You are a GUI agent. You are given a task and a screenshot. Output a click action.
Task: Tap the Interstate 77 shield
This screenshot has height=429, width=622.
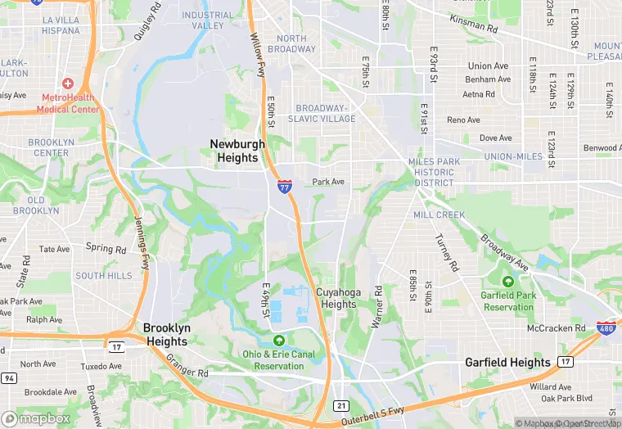tap(284, 187)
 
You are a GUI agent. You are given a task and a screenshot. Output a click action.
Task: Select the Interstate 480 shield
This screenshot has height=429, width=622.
tap(606, 328)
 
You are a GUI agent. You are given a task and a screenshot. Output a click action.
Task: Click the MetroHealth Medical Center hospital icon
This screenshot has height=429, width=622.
tap(67, 84)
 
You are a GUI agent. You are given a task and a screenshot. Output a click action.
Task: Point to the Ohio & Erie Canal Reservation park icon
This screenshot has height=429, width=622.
tap(279, 341)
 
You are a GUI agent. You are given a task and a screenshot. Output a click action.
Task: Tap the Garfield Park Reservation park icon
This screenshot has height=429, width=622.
tap(508, 282)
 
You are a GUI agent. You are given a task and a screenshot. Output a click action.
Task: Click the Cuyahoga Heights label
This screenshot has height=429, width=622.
tap(336, 298)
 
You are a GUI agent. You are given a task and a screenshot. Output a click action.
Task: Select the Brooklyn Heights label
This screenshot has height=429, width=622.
tap(167, 334)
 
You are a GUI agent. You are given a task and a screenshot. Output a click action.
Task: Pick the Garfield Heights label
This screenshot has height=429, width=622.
tap(507, 362)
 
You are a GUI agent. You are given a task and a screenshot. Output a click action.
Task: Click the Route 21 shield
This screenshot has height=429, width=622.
tap(341, 406)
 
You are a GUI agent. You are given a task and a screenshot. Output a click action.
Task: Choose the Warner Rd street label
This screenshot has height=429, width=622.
tap(377, 307)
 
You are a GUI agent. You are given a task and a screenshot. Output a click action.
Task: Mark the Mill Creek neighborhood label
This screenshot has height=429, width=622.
tap(439, 214)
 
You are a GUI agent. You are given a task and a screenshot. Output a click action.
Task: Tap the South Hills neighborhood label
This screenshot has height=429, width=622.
tap(104, 276)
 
